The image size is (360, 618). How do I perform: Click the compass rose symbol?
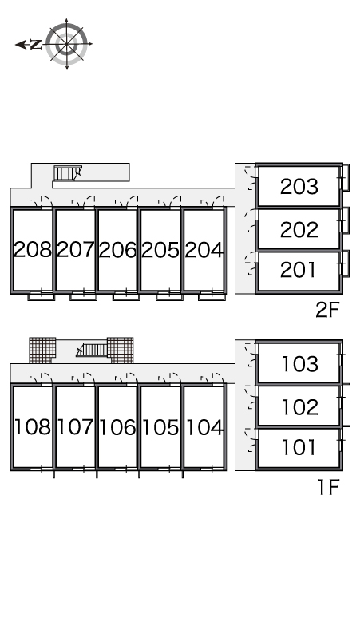coord(66,44)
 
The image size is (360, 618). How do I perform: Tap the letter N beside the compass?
coord(36,45)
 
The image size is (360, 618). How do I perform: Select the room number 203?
coord(299,186)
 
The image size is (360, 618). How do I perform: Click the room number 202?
coord(299,229)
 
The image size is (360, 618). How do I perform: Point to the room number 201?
coord(298,270)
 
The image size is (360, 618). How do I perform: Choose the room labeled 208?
coord(32,249)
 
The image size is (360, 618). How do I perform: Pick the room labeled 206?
coord(118,249)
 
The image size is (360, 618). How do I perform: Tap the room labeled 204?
coord(204,249)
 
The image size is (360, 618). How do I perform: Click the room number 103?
coord(300,364)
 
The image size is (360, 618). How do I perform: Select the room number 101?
coord(299,447)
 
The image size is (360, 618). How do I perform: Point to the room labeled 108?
coord(33,427)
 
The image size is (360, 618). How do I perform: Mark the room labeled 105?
coord(160,427)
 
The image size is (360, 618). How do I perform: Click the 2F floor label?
coord(327,310)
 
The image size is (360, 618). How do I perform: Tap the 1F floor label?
coord(329,487)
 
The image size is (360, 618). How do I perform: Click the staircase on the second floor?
coord(67,173)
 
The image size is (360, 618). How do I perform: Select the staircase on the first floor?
coord(92,350)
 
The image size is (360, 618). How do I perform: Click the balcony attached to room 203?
coord(346,178)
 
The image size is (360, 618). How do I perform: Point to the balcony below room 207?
coord(83,296)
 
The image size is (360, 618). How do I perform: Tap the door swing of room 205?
coord(169,201)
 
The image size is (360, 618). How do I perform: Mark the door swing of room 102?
coord(251,398)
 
